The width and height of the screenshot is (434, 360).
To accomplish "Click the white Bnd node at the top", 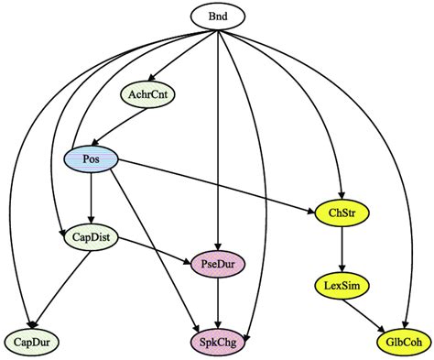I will (x=218, y=16).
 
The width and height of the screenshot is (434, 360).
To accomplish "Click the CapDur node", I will (x=32, y=343).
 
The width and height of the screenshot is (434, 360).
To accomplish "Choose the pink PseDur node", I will (x=215, y=266).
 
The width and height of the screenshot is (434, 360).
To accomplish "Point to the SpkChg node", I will (x=217, y=343).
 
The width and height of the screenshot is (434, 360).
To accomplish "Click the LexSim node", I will (x=342, y=286).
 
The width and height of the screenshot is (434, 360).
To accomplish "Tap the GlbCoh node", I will (x=399, y=343).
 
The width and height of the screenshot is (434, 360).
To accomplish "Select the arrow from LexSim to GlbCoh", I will (x=370, y=313).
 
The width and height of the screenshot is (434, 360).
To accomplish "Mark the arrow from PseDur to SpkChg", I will (x=216, y=304).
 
